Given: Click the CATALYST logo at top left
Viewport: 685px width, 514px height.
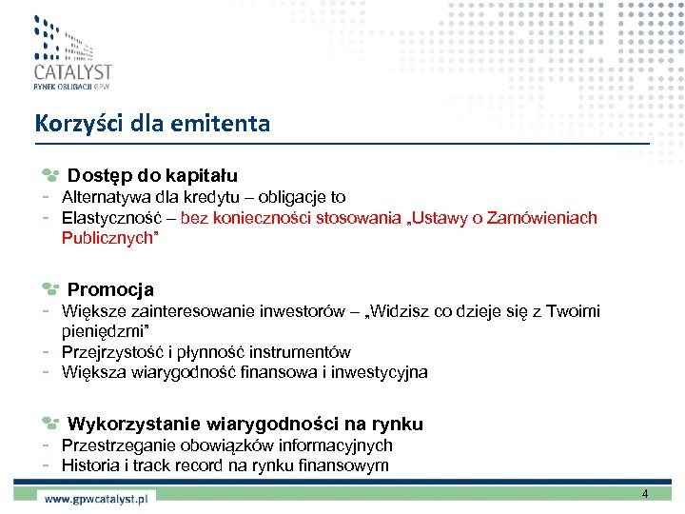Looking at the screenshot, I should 71,52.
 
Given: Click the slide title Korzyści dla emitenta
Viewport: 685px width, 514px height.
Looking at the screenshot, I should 152,124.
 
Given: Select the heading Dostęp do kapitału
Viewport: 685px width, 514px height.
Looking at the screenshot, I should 152,176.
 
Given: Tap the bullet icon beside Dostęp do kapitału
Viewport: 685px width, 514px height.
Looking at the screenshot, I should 50,176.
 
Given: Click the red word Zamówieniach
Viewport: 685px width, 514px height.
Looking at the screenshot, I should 541,219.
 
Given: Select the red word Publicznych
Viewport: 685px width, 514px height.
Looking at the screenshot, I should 108,239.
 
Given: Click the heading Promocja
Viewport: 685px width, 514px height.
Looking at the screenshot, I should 110,289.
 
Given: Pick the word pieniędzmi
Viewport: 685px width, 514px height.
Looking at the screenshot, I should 102,331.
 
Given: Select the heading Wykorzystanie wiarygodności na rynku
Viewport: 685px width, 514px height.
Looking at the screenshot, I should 245,424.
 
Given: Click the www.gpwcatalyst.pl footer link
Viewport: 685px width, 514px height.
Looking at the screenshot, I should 98,498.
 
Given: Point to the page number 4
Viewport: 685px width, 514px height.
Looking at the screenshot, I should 645,494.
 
